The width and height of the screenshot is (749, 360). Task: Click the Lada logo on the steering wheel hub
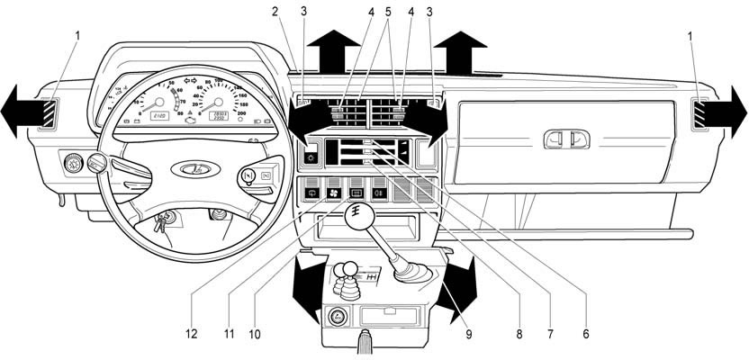[x=189, y=167]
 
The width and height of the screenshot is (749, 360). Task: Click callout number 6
[x=585, y=334]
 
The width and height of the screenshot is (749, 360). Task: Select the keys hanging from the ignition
[x=160, y=221]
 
